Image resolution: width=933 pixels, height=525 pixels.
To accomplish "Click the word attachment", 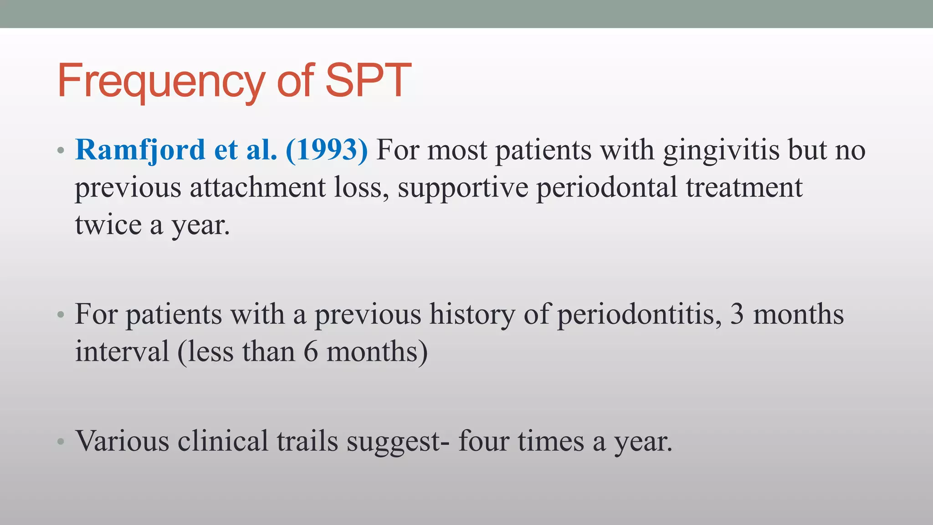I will pyautogui.click(x=257, y=187).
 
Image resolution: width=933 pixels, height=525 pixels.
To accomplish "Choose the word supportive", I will pyautogui.click(x=463, y=188).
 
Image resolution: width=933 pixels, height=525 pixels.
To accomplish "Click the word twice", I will pyautogui.click(x=108, y=225).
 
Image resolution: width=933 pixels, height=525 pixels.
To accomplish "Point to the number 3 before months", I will pyautogui.click(x=737, y=314).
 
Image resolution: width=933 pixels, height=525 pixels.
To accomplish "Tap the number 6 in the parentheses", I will pyautogui.click(x=310, y=352).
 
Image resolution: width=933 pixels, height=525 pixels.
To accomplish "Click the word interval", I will pyautogui.click(x=122, y=352).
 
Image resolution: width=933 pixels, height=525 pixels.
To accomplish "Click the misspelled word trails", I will pyautogui.click(x=308, y=441).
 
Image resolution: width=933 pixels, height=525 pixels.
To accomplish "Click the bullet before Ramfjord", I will pyautogui.click(x=61, y=150).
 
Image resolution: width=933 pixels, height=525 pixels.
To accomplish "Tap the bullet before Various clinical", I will pyautogui.click(x=61, y=441).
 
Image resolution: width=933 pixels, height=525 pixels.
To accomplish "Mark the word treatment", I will pyautogui.click(x=744, y=187).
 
